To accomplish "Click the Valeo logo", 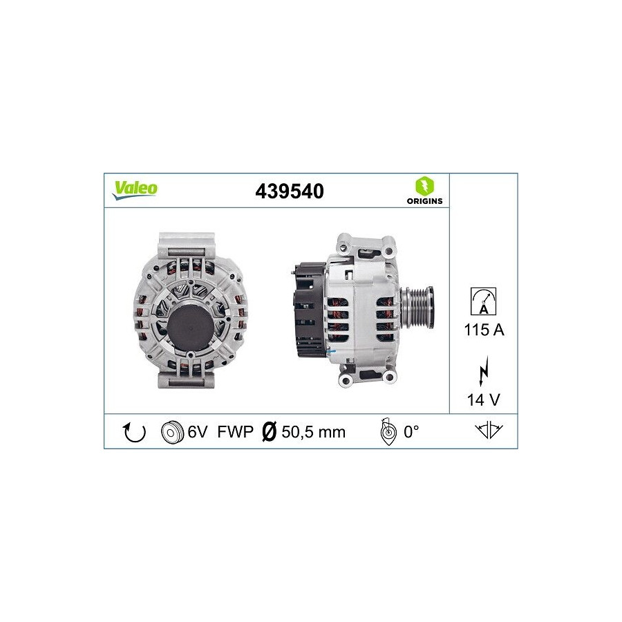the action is (135, 190).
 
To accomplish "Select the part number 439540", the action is (290, 191).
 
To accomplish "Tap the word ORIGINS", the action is (424, 201).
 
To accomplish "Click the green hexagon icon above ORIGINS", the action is (424, 186).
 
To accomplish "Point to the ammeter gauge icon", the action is (483, 301).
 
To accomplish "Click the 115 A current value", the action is (484, 330).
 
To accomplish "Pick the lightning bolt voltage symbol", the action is (484, 371).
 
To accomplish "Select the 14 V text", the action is (484, 400).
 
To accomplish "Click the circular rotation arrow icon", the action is (135, 432).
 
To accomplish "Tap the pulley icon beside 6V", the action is (172, 432).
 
